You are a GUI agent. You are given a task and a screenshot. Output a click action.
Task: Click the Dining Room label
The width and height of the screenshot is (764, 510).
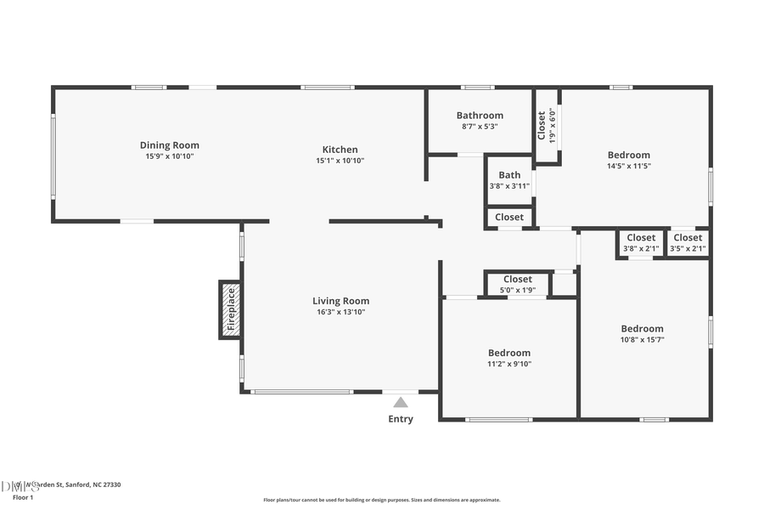(x=170, y=145)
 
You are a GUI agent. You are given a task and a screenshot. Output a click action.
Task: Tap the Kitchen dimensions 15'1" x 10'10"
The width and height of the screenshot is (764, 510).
(x=340, y=161)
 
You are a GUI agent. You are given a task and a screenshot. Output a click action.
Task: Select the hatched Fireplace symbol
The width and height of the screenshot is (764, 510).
(x=229, y=309)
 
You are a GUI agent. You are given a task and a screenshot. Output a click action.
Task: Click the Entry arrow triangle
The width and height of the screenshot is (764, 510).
(x=401, y=402)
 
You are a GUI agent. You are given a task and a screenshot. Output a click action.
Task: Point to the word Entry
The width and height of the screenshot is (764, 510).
(x=401, y=419)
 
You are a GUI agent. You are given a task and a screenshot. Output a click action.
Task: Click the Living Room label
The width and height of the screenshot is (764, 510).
(x=340, y=301)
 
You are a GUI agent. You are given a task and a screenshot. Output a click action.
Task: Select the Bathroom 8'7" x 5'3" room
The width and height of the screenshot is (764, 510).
(x=480, y=120)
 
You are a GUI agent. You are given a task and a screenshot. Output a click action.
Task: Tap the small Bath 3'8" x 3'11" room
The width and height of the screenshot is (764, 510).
(x=509, y=180)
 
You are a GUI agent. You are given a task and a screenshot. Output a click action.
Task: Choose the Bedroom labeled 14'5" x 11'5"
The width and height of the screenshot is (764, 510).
(x=628, y=160)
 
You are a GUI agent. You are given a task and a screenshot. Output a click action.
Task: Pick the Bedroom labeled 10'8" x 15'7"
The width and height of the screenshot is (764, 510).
(x=642, y=333)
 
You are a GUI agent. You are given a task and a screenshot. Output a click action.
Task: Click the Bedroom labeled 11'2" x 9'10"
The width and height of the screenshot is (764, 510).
(x=508, y=358)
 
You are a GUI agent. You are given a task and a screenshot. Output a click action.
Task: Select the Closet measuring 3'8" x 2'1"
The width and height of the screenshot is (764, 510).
(x=641, y=243)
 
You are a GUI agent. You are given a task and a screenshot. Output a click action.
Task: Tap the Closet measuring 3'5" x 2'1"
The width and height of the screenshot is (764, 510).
(x=688, y=243)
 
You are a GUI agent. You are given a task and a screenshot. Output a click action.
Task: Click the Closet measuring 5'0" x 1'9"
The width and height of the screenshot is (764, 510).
(x=517, y=284)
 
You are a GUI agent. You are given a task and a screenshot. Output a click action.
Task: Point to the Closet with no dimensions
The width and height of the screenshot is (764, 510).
(x=509, y=218)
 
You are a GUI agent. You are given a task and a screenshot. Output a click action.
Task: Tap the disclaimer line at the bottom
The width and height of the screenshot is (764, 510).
(x=381, y=500)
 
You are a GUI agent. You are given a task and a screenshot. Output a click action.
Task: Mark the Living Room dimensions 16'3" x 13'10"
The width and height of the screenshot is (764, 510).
(x=340, y=312)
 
